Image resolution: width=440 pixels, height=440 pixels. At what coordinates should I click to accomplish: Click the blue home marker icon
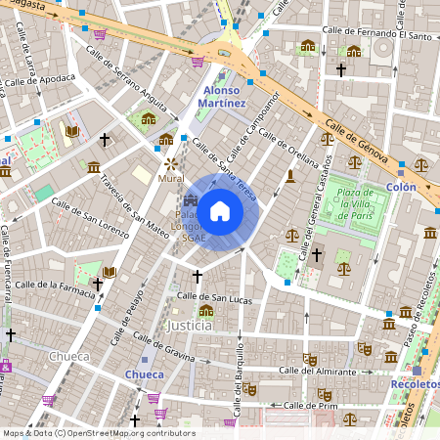pyautogui.click(x=220, y=210)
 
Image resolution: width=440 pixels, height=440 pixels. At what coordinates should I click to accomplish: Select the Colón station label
pyautogui.click(x=401, y=186)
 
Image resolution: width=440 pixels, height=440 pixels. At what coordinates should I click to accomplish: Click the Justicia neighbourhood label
pyautogui.click(x=190, y=325)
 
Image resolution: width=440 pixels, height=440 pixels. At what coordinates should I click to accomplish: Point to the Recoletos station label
pyautogui.click(x=415, y=384)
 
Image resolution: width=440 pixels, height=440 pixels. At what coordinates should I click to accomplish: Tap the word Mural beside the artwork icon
pyautogui.click(x=170, y=180)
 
